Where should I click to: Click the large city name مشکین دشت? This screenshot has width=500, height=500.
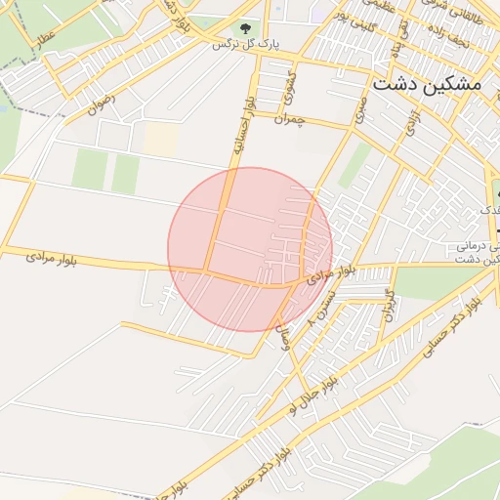tap(427, 84)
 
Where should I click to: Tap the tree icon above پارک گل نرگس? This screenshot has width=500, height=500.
tap(244, 28)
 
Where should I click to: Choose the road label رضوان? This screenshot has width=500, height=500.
tap(102, 104)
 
